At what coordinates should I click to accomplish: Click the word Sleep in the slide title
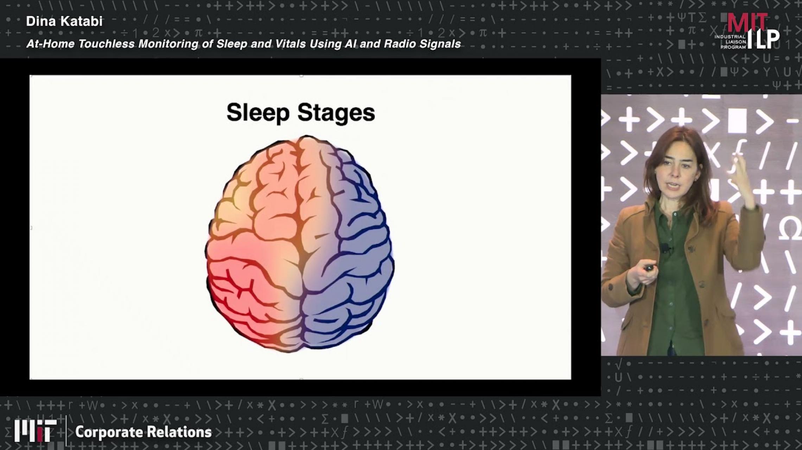coord(258,113)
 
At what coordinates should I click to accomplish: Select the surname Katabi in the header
coord(81,21)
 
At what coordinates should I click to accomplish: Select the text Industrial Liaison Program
coord(730,42)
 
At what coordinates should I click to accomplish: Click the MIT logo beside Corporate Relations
coord(35,431)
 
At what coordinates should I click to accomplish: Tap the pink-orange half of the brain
coord(253,243)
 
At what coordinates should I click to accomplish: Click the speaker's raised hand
coord(742,176)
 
